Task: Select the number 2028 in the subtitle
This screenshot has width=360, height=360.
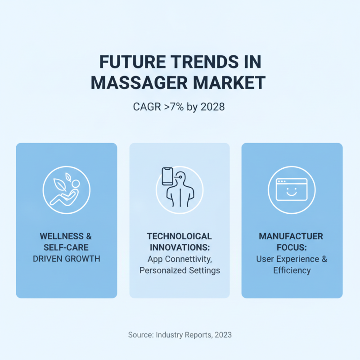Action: (212, 107)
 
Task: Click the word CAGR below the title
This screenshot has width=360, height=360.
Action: (147, 107)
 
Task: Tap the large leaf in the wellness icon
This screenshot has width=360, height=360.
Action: (59, 184)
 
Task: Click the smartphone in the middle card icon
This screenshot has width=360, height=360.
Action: (167, 176)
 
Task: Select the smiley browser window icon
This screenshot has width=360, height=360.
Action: (292, 189)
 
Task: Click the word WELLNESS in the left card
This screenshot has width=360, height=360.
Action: (62, 236)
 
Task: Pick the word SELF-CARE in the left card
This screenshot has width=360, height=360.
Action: (66, 247)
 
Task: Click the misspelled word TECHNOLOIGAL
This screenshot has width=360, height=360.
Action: (180, 236)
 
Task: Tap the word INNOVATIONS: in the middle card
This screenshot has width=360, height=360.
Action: (180, 247)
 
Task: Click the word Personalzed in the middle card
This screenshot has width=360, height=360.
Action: (160, 270)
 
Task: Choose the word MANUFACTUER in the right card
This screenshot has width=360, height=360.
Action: (291, 236)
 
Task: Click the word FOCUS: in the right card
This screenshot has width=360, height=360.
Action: (292, 247)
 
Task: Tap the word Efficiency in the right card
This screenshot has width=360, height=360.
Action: (292, 270)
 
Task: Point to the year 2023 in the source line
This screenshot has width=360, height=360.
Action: (223, 335)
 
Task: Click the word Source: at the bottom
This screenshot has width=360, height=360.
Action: (141, 335)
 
